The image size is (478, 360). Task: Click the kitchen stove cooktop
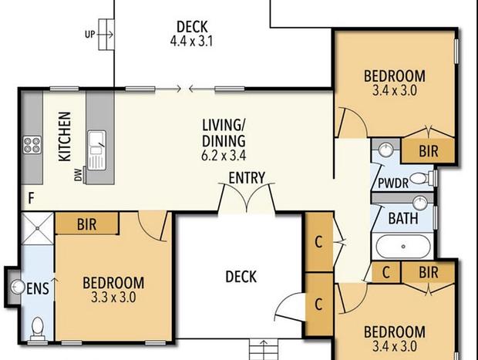tap(32, 145)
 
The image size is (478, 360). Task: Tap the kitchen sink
tap(97, 150)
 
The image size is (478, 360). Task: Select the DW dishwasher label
tap(79, 175)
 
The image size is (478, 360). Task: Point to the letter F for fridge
tap(31, 198)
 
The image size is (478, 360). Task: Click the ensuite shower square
tap(38, 228)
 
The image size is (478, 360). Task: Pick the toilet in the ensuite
tap(38, 328)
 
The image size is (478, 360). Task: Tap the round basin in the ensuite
tap(18, 287)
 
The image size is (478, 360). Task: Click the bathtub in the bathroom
tap(403, 247)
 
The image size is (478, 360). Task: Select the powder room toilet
tap(422, 178)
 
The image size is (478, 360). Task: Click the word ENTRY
tap(247, 178)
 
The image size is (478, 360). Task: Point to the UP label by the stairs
tap(90, 34)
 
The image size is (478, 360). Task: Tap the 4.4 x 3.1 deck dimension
tap(191, 41)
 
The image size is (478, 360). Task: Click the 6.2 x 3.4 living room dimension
tap(224, 156)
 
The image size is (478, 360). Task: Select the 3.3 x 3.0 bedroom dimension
tap(113, 298)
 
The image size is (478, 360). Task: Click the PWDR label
tap(393, 183)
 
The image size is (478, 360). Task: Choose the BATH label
tap(403, 218)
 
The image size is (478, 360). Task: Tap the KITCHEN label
tap(65, 136)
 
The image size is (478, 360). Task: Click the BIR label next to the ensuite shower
tap(87, 224)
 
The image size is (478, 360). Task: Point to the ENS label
tap(38, 288)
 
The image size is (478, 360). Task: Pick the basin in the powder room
tap(386, 150)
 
